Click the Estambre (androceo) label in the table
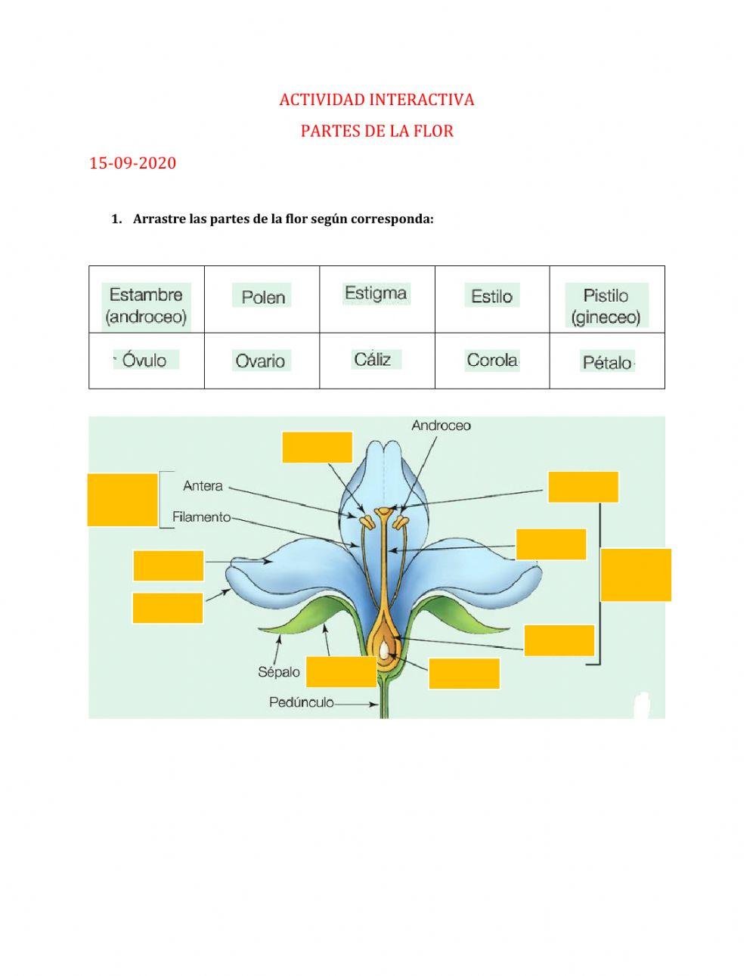coord(147,305)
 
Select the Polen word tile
coord(263,297)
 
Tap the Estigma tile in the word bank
coord(376,293)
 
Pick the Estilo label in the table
coord(491,296)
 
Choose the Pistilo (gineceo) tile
coord(606,305)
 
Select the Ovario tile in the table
coord(260,361)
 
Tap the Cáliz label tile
coord(373,359)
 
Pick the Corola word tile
coord(492,360)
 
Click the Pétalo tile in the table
coord(607,362)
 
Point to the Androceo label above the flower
coord(441,426)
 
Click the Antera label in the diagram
coord(203,486)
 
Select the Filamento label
coord(201,518)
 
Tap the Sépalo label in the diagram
coord(279,671)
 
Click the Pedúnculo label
coord(301,702)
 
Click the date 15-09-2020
coord(132,163)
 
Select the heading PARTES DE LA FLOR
coord(376,131)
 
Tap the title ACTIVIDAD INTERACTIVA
coord(376,100)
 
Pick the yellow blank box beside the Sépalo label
coord(341,672)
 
